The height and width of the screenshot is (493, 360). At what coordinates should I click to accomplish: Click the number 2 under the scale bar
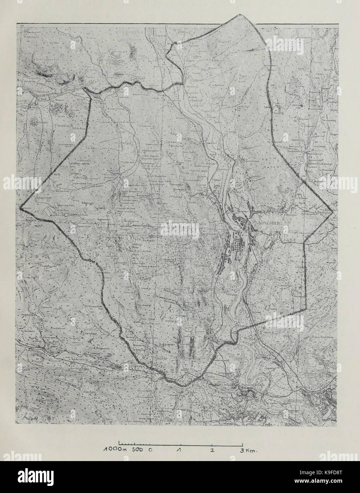point(212,450)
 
